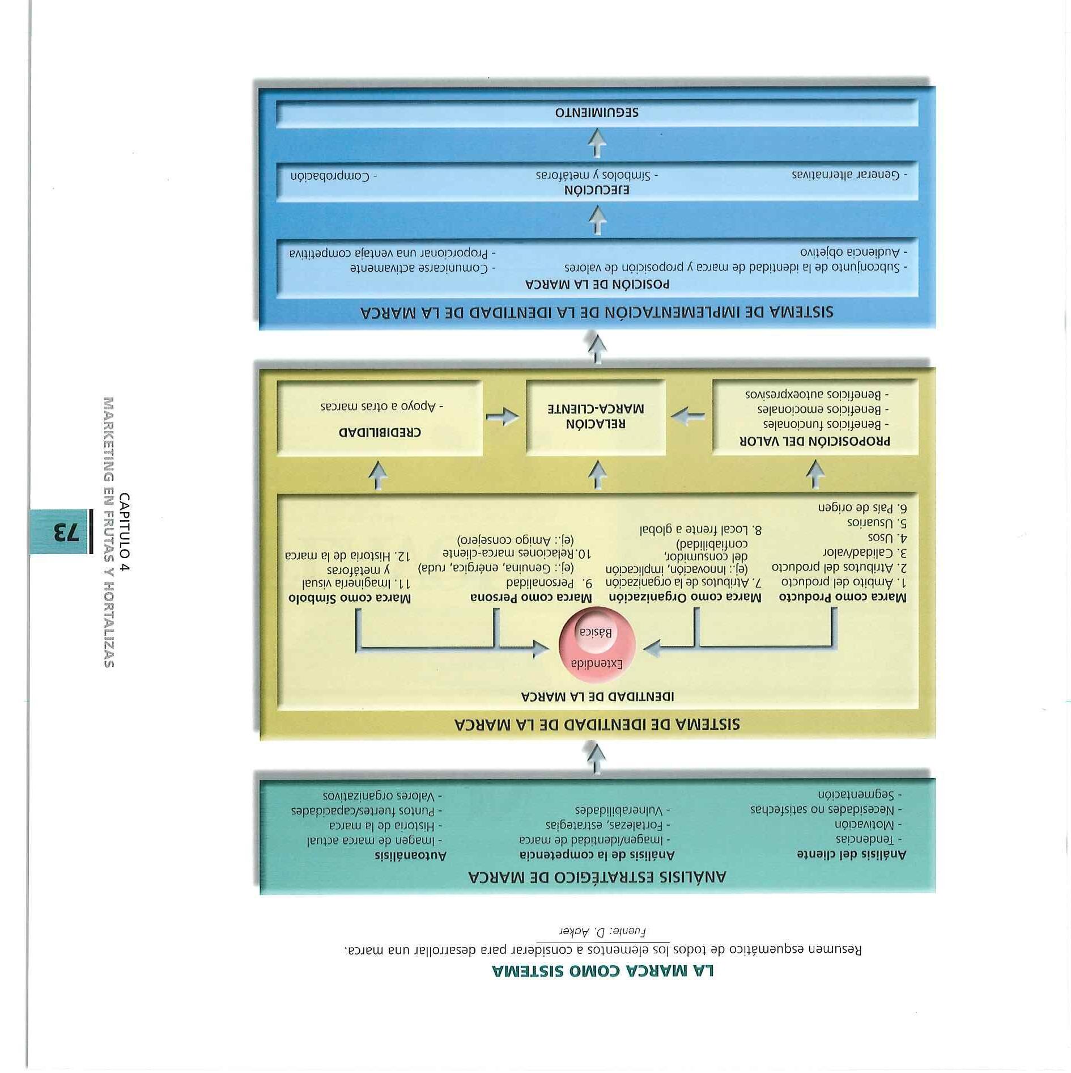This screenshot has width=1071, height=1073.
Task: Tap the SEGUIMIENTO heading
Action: pos(597,112)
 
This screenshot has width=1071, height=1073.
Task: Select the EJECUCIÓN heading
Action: pos(597,190)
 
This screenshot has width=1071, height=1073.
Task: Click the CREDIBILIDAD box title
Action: pos(380,432)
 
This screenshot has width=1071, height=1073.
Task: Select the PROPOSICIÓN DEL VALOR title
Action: pos(815,441)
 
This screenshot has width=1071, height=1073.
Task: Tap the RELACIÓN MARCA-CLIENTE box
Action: pos(596,416)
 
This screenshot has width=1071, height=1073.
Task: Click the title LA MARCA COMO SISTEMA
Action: pos(603,972)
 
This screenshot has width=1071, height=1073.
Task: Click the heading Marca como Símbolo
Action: pos(350,598)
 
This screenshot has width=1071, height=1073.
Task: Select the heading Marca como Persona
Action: pos(531,598)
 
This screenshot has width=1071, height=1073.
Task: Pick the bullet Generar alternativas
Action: pos(849,175)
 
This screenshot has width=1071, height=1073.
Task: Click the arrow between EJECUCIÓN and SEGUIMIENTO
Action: pos(597,143)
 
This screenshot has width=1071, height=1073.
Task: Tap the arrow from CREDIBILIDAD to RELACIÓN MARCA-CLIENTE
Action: pos(502,417)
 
